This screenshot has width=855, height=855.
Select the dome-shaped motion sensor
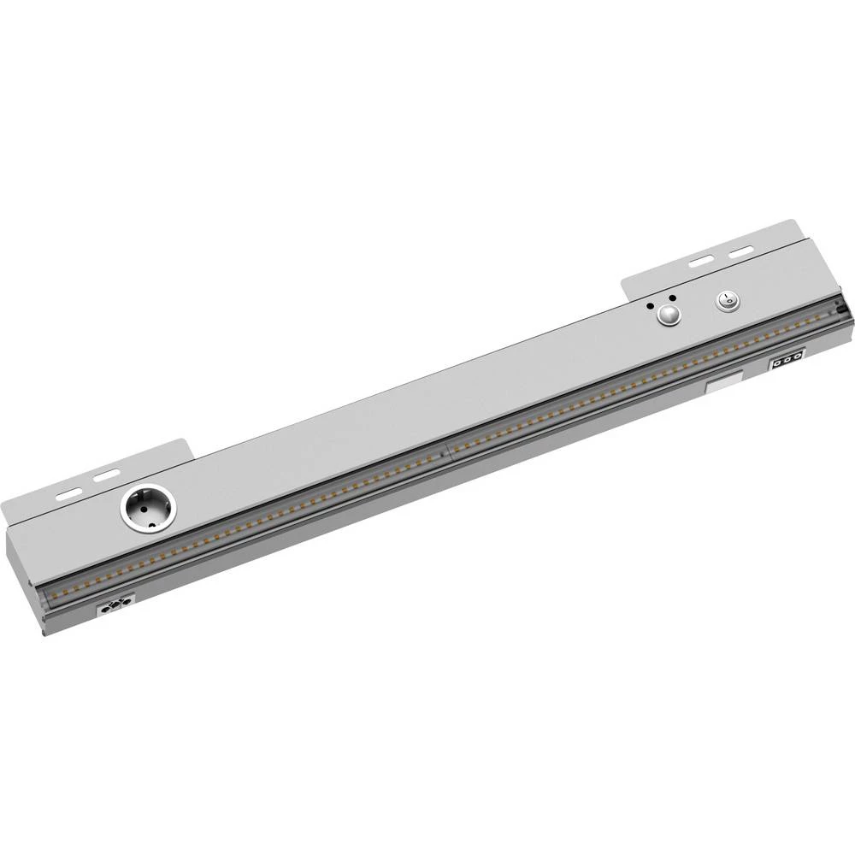(x=669, y=316)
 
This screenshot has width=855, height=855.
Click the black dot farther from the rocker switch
(x=652, y=304)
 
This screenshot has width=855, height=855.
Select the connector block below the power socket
(x=116, y=608)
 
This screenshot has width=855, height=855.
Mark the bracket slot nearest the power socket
(x=109, y=473)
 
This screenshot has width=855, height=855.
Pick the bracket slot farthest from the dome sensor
(x=740, y=251)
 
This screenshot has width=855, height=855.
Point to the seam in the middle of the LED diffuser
(x=446, y=454)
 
